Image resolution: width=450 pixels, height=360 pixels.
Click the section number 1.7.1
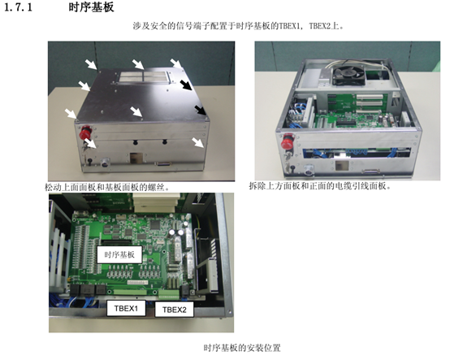(x=19, y=7)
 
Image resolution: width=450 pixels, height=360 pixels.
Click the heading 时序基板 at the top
(x=91, y=7)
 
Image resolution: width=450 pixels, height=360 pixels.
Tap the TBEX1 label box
(x=126, y=308)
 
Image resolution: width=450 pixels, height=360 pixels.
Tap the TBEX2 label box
(x=174, y=310)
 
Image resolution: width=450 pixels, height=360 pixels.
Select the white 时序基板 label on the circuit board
(x=119, y=254)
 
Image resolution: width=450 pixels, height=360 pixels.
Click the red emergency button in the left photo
(x=85, y=132)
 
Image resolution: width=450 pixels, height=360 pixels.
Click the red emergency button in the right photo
(x=288, y=142)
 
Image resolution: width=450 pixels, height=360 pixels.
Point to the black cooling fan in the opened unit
(x=348, y=76)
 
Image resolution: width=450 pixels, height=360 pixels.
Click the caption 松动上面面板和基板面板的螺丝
(x=106, y=188)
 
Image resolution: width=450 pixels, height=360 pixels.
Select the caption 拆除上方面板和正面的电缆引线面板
(x=320, y=186)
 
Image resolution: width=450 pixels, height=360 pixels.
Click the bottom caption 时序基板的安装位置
(x=241, y=348)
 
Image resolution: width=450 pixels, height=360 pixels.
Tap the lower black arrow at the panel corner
(x=201, y=111)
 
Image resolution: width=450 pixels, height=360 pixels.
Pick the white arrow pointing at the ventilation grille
(x=138, y=64)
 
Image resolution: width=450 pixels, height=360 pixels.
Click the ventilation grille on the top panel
(x=145, y=77)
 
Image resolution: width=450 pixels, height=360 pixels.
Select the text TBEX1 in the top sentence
(x=289, y=26)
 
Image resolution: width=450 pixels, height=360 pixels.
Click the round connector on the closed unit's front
(x=105, y=162)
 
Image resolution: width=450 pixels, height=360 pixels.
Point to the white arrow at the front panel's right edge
(x=198, y=143)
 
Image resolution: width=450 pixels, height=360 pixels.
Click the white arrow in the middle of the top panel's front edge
(x=136, y=111)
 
